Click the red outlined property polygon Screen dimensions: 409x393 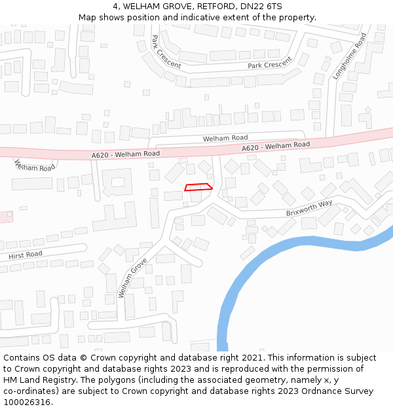198,188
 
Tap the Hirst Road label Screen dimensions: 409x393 26,254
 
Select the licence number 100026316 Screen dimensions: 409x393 27,402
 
